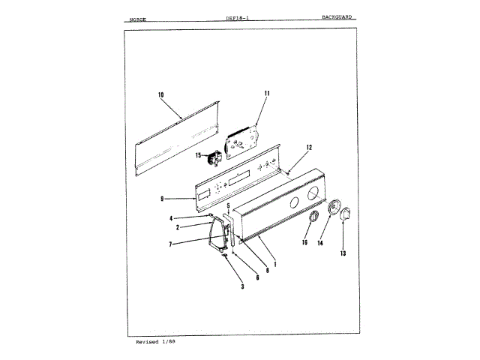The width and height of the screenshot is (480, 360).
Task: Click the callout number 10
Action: coord(160,94)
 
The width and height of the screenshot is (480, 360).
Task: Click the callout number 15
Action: coord(199,155)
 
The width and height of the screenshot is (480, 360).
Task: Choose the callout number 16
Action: coord(305,243)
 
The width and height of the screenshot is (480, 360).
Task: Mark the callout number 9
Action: coord(161,199)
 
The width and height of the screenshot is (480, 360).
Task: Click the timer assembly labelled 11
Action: coord(241,139)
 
